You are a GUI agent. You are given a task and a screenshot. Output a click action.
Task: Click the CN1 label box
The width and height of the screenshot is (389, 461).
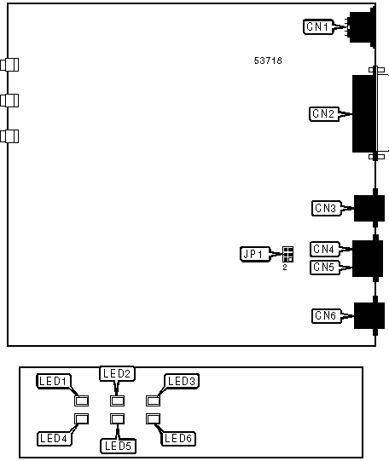(318, 26)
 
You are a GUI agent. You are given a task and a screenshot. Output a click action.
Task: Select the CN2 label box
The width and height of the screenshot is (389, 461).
(324, 114)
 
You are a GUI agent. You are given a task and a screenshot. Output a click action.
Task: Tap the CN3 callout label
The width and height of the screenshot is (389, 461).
(327, 208)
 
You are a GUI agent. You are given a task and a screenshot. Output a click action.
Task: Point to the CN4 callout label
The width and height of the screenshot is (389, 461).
(325, 249)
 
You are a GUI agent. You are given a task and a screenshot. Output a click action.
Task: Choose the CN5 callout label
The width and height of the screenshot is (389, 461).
(325, 268)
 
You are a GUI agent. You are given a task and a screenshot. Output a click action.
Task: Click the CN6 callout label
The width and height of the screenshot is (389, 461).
(327, 316)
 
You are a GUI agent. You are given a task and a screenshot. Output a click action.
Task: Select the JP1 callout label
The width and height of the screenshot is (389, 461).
(255, 254)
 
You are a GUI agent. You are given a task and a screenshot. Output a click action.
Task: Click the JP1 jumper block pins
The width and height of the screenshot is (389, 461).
(287, 254)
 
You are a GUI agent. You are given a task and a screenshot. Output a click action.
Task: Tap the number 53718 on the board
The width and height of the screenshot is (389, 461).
(268, 61)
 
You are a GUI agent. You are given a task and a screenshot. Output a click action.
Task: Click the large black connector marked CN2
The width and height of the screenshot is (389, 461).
(364, 114)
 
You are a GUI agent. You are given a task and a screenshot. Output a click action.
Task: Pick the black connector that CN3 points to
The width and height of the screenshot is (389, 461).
(369, 208)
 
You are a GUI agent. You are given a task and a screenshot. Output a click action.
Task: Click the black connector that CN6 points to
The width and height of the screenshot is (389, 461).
(369, 316)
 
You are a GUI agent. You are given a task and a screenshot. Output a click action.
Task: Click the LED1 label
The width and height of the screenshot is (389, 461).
(54, 381)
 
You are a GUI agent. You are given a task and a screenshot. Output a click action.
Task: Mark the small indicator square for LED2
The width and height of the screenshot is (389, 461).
(117, 400)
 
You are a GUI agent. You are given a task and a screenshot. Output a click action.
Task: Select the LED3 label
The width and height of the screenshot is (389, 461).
(182, 381)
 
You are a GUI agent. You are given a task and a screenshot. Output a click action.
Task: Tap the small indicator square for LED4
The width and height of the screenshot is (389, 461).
(82, 418)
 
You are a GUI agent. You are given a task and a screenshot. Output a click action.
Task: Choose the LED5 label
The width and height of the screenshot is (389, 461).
(118, 446)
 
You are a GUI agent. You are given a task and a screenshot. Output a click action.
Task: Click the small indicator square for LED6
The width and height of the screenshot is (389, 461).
(153, 418)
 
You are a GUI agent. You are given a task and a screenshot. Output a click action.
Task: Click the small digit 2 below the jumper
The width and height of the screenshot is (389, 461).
(285, 268)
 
